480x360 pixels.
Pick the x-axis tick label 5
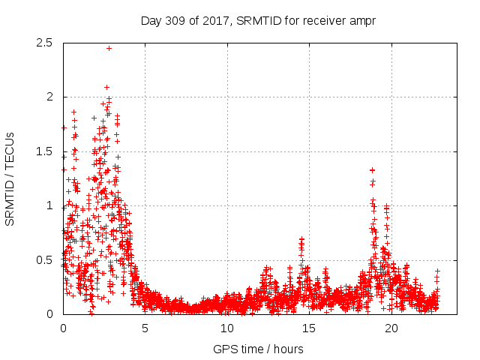(x=145, y=328)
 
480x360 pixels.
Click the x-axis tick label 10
(x=227, y=328)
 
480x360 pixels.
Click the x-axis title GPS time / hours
(x=258, y=349)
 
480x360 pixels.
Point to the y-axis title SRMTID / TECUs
(x=10, y=178)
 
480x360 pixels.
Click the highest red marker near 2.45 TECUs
(x=109, y=48)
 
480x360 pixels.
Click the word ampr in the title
(x=361, y=21)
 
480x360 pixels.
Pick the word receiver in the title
(x=322, y=21)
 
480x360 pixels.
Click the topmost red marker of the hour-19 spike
(x=373, y=170)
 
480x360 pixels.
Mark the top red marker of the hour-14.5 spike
(x=301, y=239)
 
